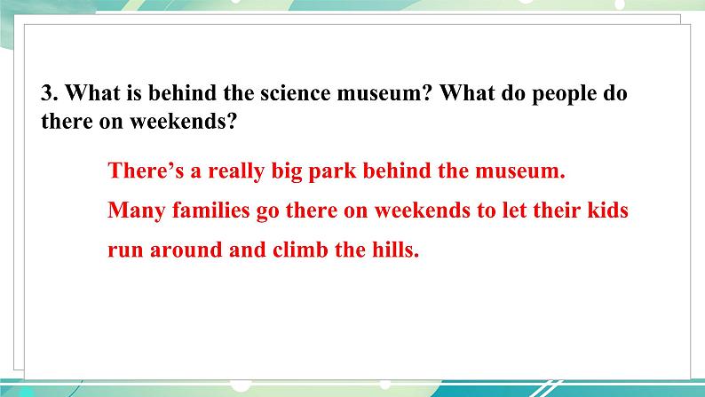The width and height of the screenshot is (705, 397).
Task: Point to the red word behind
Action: coord(397,171)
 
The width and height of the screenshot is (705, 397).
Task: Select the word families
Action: coord(210,210)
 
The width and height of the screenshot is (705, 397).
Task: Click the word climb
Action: coord(300,250)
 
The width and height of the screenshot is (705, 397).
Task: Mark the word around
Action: coord(186,250)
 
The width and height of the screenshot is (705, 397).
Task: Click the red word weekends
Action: coord(423,210)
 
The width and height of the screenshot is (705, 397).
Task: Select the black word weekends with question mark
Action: coord(184,121)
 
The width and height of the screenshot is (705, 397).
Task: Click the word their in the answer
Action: coord(557,210)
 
